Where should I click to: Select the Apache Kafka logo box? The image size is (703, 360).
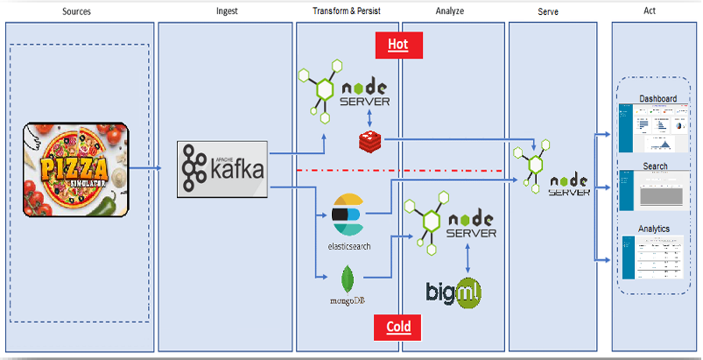(x=223, y=168)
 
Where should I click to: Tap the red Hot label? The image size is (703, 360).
(x=397, y=43)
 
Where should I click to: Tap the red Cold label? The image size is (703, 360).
(x=397, y=328)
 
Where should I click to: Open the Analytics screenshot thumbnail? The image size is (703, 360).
(x=657, y=257)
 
